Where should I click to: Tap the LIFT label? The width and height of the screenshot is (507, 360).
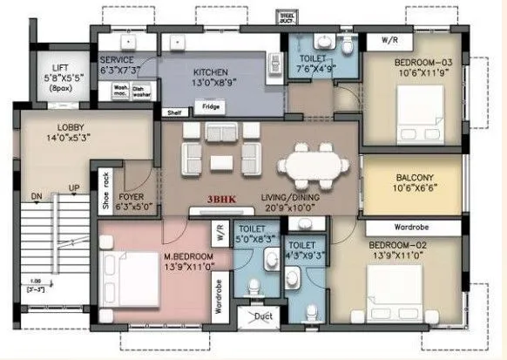pyautogui.click(x=60, y=68)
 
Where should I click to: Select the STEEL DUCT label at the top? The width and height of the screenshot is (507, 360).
pyautogui.click(x=287, y=16)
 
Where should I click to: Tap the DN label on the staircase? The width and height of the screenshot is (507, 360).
pyautogui.click(x=37, y=195)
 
